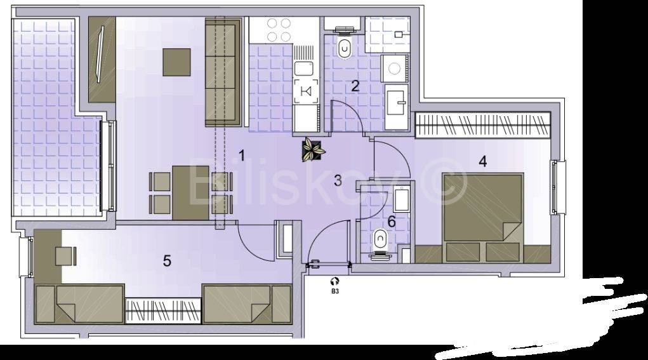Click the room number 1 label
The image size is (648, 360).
242,156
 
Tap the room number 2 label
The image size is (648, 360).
355,86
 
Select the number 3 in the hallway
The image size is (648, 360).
338,180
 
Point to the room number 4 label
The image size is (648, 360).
482,161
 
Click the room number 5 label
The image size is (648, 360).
167,261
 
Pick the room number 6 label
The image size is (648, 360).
391,222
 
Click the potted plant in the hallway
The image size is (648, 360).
313,149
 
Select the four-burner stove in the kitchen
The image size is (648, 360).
279,30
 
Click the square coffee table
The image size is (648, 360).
176,62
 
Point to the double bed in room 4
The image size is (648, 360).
482,217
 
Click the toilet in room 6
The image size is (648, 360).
380,244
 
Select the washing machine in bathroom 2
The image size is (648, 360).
394,68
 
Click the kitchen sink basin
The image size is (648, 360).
303,69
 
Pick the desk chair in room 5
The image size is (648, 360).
66,256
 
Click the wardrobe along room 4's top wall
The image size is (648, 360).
483,125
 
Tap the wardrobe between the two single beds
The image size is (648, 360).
163,311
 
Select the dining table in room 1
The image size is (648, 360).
190,193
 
